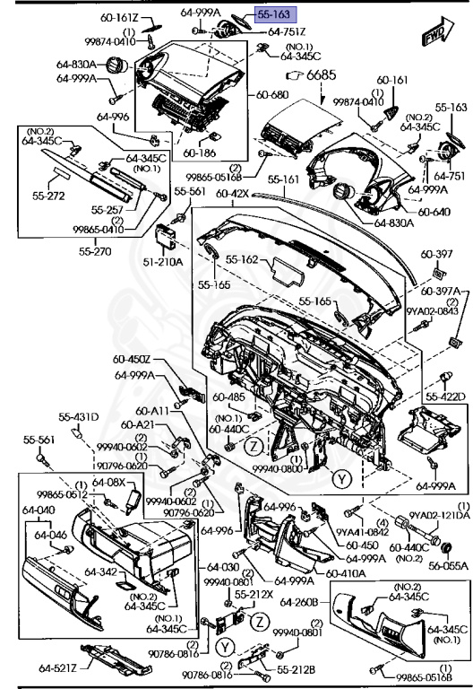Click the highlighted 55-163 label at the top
273,14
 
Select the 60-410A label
344,571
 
